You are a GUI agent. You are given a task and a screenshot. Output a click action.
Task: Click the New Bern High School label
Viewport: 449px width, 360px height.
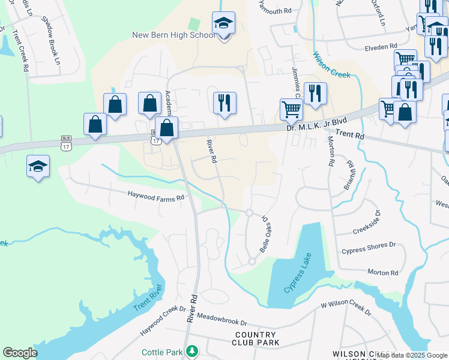coord(173,35)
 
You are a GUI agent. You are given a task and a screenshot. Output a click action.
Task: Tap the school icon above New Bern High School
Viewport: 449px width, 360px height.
coord(223,24)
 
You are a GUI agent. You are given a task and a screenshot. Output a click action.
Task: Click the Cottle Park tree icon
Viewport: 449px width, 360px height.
coord(191,350)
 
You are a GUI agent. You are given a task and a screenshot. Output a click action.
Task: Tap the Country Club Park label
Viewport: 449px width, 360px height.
coord(257,338)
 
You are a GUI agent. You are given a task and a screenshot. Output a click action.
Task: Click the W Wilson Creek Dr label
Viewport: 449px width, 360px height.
coord(345,308)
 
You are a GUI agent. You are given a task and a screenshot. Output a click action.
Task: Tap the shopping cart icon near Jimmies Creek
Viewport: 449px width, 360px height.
coord(291,109)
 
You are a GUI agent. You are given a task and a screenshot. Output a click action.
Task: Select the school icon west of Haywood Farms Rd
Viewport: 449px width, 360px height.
coord(38,166)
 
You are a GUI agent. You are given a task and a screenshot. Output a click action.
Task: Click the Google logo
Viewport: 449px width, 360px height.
coord(20,353)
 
